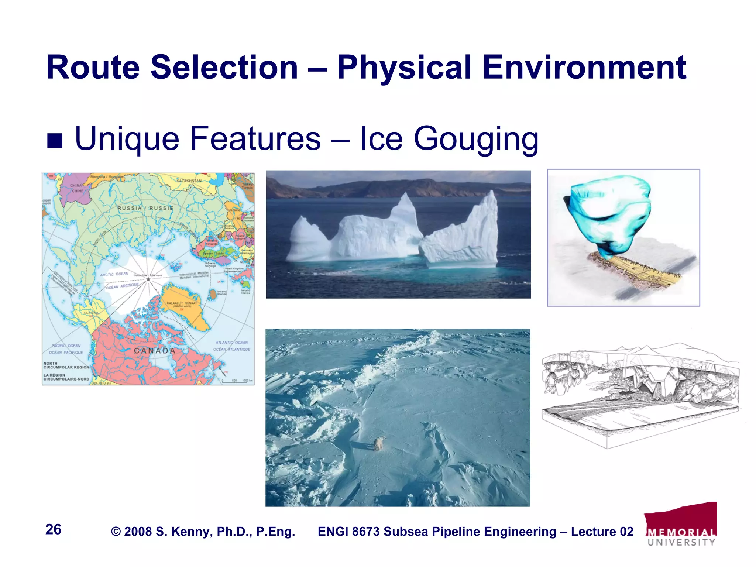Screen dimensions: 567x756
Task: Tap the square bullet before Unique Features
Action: [55, 141]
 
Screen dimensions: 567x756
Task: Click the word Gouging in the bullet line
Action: [476, 139]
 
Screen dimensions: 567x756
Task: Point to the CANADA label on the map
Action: [154, 351]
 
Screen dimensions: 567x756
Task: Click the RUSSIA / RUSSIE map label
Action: [145, 208]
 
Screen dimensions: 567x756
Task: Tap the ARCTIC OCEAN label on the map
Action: [114, 274]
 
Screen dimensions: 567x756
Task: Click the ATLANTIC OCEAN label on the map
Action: [231, 343]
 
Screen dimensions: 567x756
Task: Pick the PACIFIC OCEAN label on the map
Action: [66, 346]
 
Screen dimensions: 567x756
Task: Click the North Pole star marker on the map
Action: [148, 279]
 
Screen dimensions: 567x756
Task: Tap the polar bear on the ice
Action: [379, 443]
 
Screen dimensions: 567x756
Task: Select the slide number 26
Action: [53, 529]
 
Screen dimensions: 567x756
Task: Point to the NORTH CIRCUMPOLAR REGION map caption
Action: [66, 365]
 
